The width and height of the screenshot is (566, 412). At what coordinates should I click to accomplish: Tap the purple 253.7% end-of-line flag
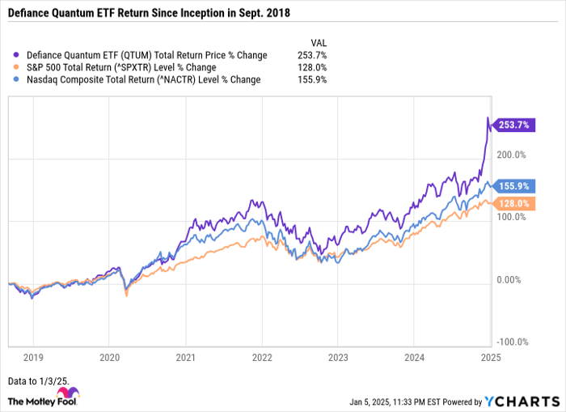[513, 125]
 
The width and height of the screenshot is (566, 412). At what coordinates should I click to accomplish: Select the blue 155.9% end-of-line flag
[513, 186]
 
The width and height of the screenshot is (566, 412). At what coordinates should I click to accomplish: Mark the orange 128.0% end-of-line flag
[513, 203]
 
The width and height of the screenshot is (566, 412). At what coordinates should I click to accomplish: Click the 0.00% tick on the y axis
[513, 279]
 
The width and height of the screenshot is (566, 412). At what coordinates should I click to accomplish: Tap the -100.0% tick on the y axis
[513, 342]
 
